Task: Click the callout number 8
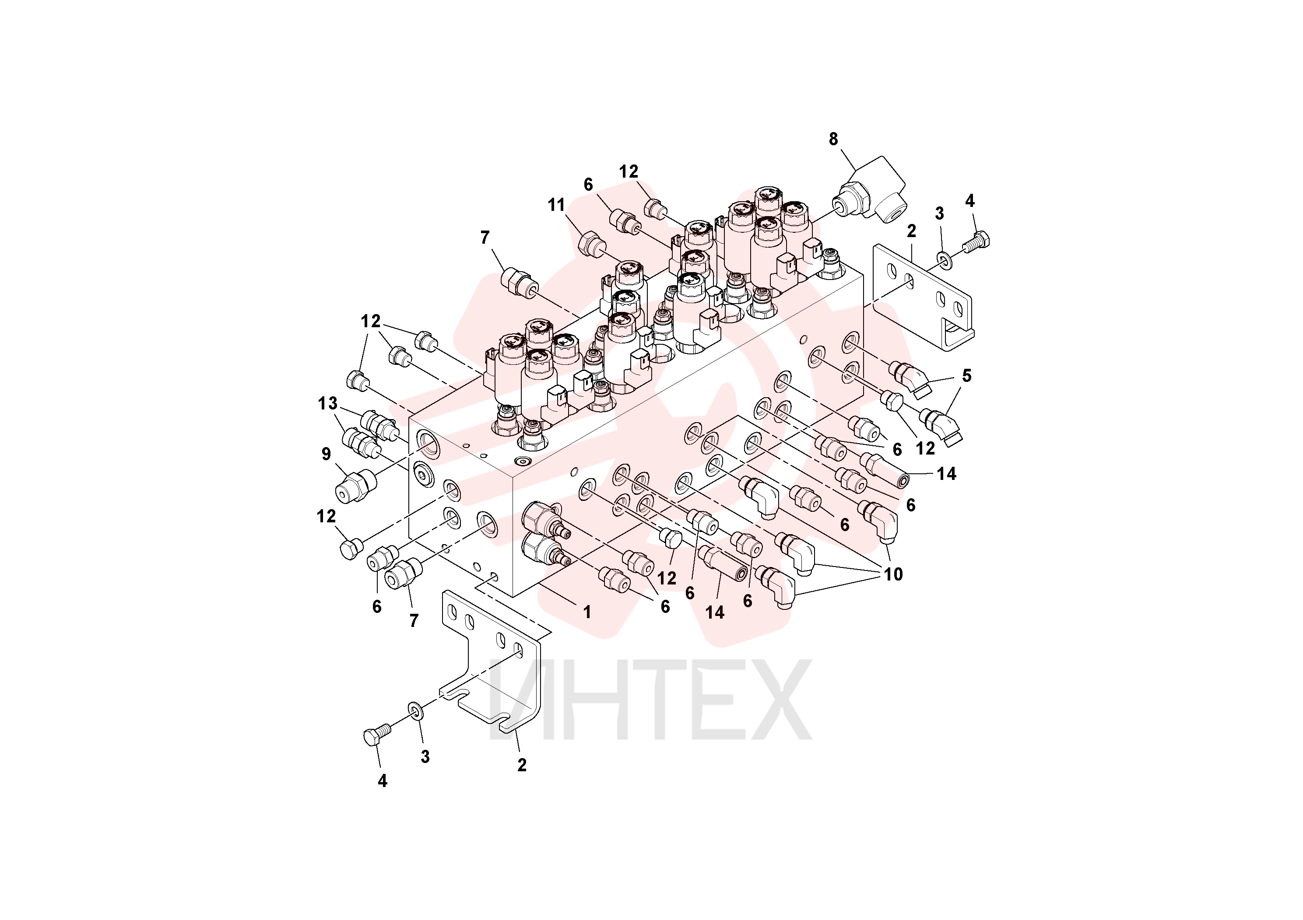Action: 833,139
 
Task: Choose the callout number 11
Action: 556,205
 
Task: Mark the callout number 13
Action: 328,403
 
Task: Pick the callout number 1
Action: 587,612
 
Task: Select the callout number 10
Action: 893,574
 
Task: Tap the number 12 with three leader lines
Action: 371,321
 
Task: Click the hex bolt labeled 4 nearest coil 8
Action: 976,242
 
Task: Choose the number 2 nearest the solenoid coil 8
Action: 911,231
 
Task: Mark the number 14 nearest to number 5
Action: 946,474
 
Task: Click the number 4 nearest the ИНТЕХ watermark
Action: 383,781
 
